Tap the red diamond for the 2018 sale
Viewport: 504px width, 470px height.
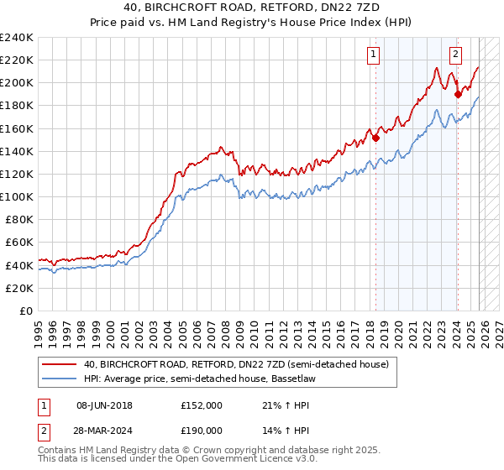pos(376,138)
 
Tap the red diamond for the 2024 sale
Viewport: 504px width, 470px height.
pos(458,95)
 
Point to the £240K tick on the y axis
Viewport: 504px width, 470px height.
pos(17,38)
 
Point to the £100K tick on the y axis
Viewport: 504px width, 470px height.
pos(17,196)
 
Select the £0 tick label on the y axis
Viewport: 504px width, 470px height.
pos(27,311)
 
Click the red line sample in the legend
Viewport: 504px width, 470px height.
pos(60,365)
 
